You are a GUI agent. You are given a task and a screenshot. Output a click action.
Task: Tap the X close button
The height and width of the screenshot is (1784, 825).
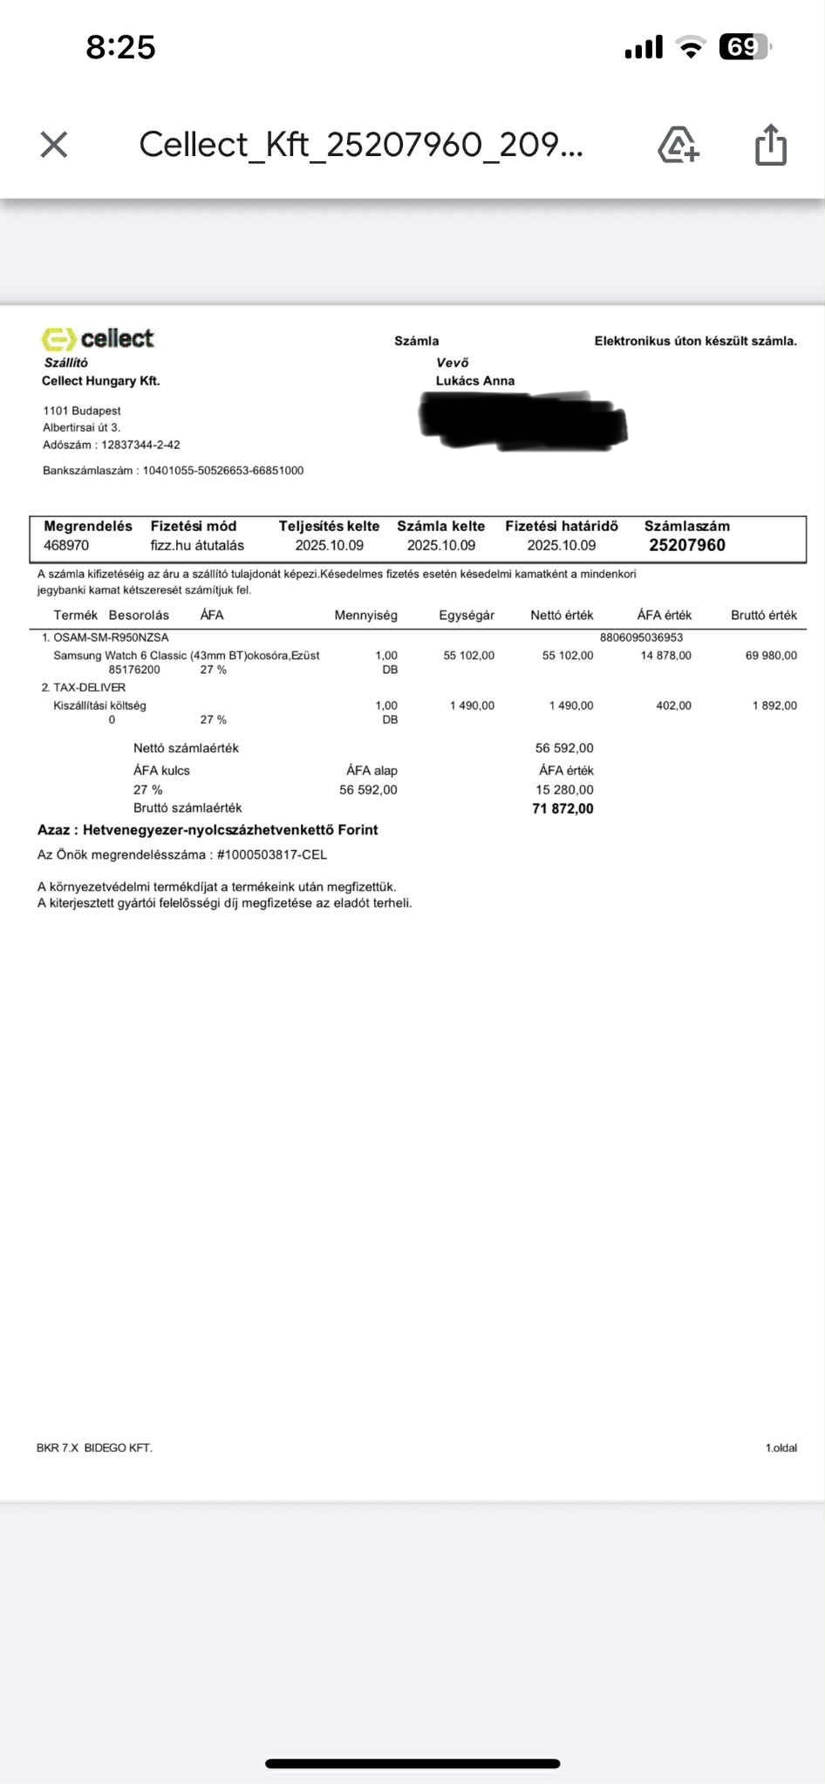(54, 145)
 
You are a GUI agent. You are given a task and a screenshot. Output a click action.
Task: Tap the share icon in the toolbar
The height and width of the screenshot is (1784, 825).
(770, 145)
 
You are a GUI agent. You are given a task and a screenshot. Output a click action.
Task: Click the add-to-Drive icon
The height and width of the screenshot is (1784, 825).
(678, 145)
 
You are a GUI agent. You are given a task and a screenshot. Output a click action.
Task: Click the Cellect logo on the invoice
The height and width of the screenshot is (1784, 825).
(98, 338)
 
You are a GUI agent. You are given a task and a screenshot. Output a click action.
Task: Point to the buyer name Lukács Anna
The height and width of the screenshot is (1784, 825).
(475, 381)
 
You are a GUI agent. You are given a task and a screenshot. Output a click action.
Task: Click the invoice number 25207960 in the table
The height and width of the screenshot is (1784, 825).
(687, 545)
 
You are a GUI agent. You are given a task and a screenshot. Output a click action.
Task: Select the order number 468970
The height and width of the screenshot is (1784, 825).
(66, 546)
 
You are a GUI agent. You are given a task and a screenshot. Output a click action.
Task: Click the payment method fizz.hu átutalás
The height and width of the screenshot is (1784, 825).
(197, 546)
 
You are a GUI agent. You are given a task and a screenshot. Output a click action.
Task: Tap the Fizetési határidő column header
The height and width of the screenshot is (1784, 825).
(562, 526)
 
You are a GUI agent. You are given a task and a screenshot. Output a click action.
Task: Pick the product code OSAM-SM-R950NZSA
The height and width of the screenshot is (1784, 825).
(111, 637)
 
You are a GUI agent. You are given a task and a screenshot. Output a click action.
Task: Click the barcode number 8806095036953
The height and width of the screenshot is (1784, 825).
(641, 637)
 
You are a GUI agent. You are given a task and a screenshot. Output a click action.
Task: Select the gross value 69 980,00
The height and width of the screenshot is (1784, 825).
(771, 656)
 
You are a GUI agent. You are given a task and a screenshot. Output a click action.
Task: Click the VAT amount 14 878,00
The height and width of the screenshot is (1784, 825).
(665, 656)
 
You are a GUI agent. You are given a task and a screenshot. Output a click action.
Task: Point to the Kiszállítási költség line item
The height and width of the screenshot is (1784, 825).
(99, 705)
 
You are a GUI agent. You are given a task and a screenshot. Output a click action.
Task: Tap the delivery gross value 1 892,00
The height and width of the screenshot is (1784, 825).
(774, 705)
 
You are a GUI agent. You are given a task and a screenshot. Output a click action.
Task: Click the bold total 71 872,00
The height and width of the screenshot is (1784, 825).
(562, 809)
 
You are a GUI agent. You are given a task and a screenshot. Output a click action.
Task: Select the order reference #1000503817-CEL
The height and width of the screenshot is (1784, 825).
(271, 855)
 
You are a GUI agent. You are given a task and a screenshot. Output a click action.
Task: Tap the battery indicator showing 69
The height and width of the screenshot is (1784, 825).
(744, 47)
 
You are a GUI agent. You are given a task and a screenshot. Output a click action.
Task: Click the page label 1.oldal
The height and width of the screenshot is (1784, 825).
(781, 1448)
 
